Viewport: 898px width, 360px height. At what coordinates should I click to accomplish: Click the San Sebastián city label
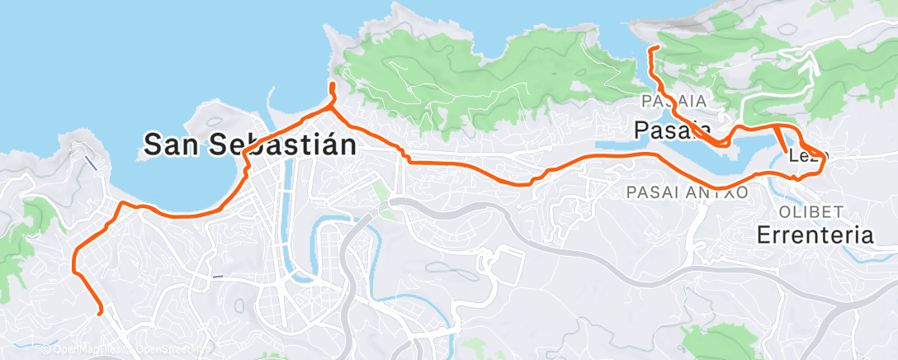(250, 144)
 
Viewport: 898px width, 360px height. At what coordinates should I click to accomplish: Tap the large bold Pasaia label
(673, 129)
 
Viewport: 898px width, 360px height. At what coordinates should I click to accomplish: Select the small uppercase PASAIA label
(674, 100)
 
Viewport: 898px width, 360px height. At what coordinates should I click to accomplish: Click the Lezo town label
(806, 155)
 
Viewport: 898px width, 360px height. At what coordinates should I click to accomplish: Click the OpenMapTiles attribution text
(82, 349)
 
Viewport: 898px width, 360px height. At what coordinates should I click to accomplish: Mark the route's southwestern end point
(100, 313)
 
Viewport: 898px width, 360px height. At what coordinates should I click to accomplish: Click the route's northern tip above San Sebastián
(332, 85)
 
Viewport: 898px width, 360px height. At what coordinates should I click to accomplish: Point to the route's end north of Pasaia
(653, 50)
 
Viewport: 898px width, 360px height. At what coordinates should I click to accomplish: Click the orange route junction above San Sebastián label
(332, 106)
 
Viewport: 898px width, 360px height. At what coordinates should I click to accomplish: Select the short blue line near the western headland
(93, 161)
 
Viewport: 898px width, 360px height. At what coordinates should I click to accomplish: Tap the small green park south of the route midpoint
(380, 193)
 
